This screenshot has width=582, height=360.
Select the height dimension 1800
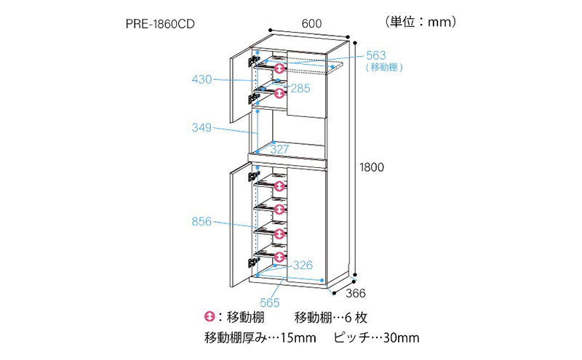pos(371,166)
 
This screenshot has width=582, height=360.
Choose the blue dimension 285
pos(298,88)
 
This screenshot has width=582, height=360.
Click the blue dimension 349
pos(202,128)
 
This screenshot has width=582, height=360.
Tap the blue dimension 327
pos(280,149)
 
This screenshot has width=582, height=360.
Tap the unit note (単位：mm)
pos(419,22)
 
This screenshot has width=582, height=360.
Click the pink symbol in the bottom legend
pos(211,318)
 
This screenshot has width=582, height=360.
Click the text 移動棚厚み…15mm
pos(260,338)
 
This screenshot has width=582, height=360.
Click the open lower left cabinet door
pos(240,222)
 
